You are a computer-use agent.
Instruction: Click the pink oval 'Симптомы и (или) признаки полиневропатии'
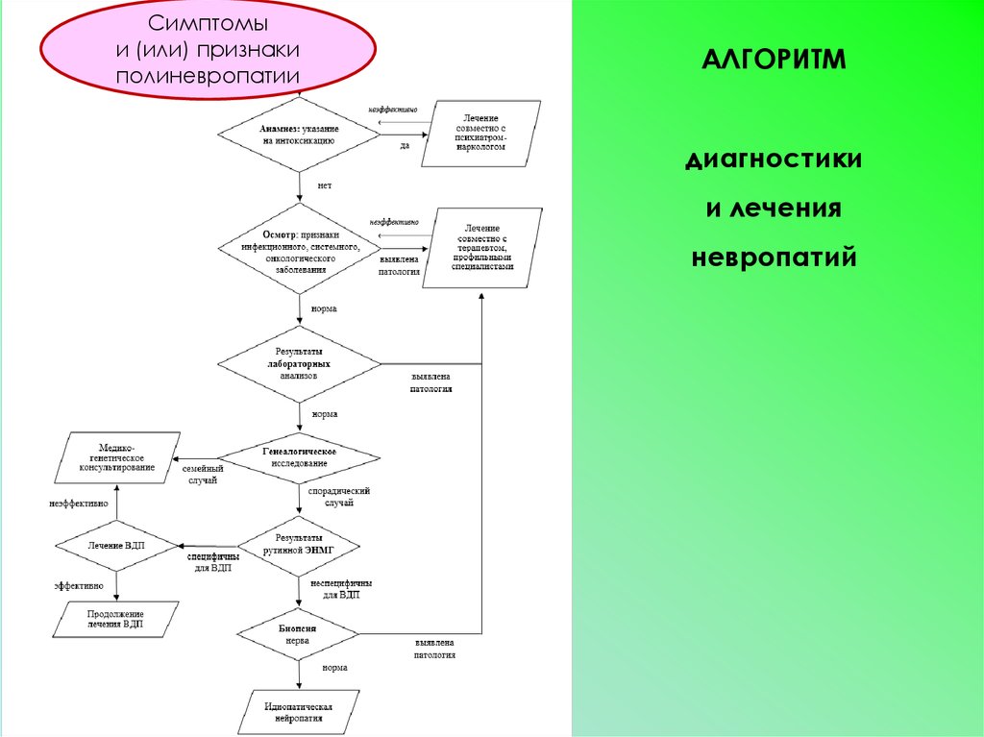[x=208, y=49]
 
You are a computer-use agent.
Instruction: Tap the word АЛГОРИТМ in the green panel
[x=773, y=62]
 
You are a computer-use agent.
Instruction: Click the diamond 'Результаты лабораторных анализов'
[x=299, y=364]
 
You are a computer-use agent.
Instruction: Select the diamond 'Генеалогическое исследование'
[x=299, y=457]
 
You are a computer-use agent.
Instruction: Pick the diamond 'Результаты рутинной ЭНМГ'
[x=299, y=545]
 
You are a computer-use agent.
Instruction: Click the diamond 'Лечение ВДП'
[x=116, y=545]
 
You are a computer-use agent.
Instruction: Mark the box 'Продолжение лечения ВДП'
[x=116, y=619]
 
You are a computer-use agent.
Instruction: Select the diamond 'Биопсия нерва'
[x=299, y=633]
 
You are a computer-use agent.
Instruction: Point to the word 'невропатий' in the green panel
[x=774, y=258]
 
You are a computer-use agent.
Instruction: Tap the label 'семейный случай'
[x=203, y=475]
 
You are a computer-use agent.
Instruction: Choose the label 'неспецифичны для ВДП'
[x=341, y=589]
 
